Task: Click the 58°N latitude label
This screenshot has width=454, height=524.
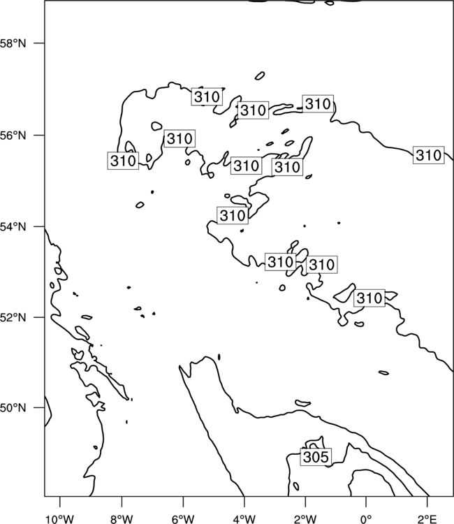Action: (x=13, y=43)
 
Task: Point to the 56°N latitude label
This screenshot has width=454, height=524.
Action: (x=13, y=136)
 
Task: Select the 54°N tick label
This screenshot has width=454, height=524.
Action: (x=13, y=227)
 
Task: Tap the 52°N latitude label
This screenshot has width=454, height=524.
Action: (x=13, y=317)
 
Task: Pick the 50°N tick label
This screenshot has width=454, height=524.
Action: (x=13, y=408)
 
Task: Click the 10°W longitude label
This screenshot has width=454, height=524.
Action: (x=60, y=519)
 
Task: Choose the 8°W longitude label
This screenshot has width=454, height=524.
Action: (x=122, y=519)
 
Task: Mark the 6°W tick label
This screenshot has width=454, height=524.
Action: (x=183, y=519)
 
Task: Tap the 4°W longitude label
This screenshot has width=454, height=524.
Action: (x=244, y=519)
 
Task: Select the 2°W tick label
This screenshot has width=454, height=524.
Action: (x=305, y=519)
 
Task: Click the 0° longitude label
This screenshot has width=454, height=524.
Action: (x=366, y=519)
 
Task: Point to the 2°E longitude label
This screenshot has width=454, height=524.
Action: (x=427, y=519)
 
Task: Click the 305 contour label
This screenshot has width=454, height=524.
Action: (x=316, y=456)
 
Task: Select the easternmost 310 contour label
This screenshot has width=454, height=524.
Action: (x=429, y=155)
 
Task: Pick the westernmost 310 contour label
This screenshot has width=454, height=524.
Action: (x=123, y=161)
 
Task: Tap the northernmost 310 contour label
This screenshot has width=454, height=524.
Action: (x=207, y=96)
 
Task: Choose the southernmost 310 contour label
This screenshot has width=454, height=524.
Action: (x=369, y=298)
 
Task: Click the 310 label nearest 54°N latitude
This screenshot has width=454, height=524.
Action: (x=233, y=215)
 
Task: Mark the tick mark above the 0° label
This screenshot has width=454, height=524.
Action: (x=366, y=502)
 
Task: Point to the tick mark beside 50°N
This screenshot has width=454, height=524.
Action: (x=39, y=408)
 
